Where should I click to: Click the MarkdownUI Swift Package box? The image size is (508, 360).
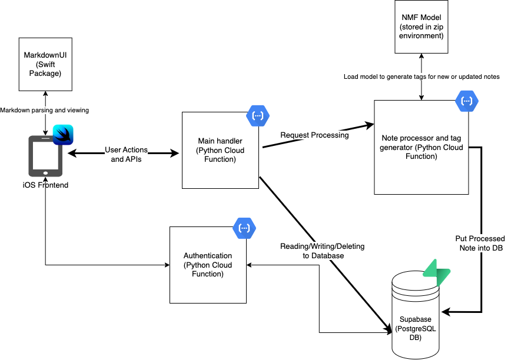click(x=41, y=64)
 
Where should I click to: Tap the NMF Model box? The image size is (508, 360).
click(x=421, y=27)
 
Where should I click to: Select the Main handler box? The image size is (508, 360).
click(x=220, y=151)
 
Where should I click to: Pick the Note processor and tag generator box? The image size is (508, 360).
click(x=421, y=147)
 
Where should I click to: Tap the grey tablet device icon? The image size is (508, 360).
click(x=46, y=156)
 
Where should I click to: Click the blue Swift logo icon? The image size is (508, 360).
click(x=63, y=135)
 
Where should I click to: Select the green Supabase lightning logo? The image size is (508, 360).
click(x=437, y=273)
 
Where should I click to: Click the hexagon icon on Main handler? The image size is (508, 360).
click(x=257, y=115)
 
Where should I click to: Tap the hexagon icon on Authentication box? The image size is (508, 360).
click(x=244, y=228)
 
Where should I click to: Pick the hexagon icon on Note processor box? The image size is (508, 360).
click(x=467, y=101)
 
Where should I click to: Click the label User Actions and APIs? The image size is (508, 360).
click(x=126, y=154)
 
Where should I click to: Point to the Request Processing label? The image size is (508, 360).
click(x=314, y=135)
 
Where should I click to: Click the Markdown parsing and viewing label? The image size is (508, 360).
click(x=44, y=110)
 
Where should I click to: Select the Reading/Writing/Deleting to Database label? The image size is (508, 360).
click(x=323, y=251)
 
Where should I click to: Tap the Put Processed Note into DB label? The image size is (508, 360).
click(x=480, y=243)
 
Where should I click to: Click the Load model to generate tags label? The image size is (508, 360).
click(x=421, y=76)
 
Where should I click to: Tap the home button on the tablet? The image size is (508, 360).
click(x=46, y=173)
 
